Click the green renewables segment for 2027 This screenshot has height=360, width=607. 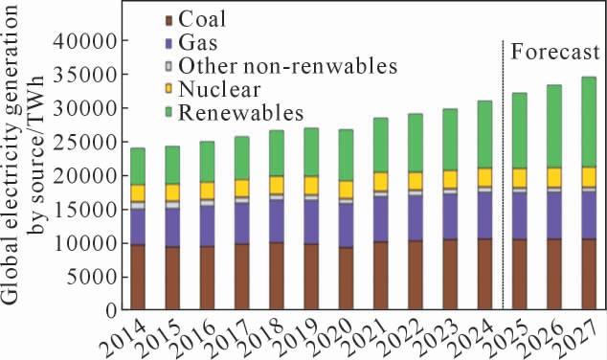point(589,122)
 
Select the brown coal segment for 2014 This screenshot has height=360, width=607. point(138,277)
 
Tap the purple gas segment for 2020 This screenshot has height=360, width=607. point(346,226)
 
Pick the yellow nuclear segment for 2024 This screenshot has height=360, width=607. point(484,177)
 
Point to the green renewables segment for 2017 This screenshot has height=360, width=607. point(241,158)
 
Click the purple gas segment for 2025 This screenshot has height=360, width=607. point(520,216)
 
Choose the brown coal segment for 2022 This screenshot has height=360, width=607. point(416,275)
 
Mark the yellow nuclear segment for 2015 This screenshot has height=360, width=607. point(172,192)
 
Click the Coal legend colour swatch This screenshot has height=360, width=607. point(169,20)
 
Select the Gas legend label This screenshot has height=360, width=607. point(198,43)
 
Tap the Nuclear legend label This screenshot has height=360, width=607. point(219,89)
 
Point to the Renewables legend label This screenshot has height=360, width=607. point(241,113)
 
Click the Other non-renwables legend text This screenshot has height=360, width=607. point(288,66)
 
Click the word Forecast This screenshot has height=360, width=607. point(555,52)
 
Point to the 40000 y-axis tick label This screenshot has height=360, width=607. point(85,41)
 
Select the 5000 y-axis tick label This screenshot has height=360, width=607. point(91,277)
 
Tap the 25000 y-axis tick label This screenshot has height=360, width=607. point(85,142)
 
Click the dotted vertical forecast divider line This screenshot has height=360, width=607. point(503,174)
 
